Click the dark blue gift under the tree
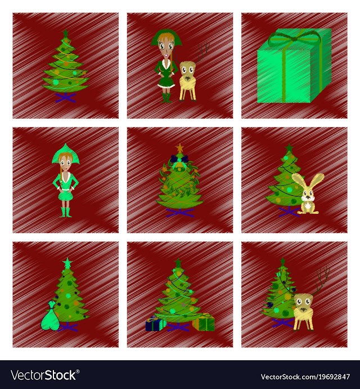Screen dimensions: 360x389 (156, 324)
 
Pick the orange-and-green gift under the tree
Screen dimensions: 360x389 (204, 322)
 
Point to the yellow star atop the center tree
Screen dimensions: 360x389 (179, 148)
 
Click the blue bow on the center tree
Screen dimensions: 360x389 (179, 159)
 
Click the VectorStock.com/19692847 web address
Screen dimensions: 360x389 (305, 377)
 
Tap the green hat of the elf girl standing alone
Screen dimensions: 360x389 (65, 154)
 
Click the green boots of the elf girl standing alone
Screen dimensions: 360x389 (66, 212)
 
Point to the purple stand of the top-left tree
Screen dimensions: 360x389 (65, 97)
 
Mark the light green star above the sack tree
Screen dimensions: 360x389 (67, 263)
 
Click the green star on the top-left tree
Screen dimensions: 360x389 (65, 33)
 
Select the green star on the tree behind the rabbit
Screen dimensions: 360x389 (289, 149)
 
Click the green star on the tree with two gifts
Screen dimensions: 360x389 (178, 263)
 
